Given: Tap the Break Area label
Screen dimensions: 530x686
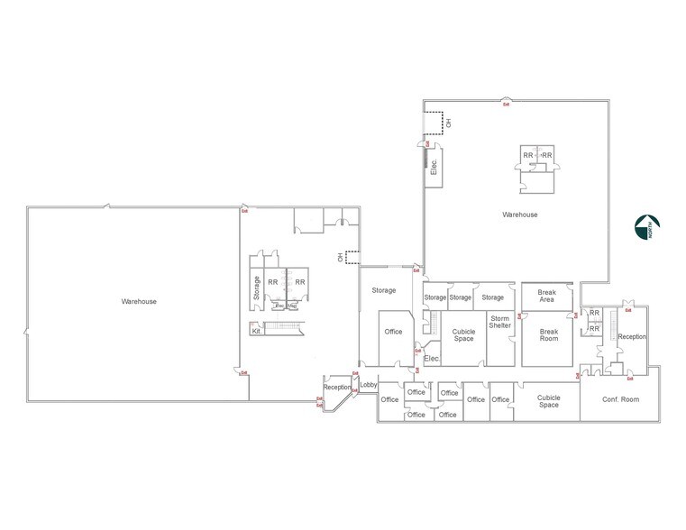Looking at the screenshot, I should tap(546, 296).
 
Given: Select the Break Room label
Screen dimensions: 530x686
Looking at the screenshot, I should tap(547, 334).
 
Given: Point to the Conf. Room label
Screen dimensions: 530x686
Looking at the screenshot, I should tap(621, 398).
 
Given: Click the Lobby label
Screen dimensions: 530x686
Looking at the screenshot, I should tap(368, 386).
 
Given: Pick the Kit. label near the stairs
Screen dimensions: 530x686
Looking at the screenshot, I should tap(257, 330).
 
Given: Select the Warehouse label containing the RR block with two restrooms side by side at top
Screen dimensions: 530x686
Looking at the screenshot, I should tap(520, 215).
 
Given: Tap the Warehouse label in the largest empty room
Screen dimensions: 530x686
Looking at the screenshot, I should tap(139, 301).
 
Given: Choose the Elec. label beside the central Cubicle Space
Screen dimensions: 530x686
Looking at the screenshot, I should tap(431, 360).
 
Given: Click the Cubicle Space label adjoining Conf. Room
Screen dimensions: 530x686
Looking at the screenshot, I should tap(547, 400).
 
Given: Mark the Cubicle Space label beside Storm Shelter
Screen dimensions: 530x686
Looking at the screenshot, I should tap(463, 334).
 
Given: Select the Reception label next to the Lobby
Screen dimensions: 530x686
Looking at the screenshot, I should tap(336, 388).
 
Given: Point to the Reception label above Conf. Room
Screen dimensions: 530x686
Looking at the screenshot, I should tap(632, 336).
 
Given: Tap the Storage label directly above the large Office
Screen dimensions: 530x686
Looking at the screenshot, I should tap(384, 290).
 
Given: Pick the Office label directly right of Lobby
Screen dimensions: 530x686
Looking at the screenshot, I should tap(389, 399).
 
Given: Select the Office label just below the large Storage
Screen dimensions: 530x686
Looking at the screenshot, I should tap(393, 332).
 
